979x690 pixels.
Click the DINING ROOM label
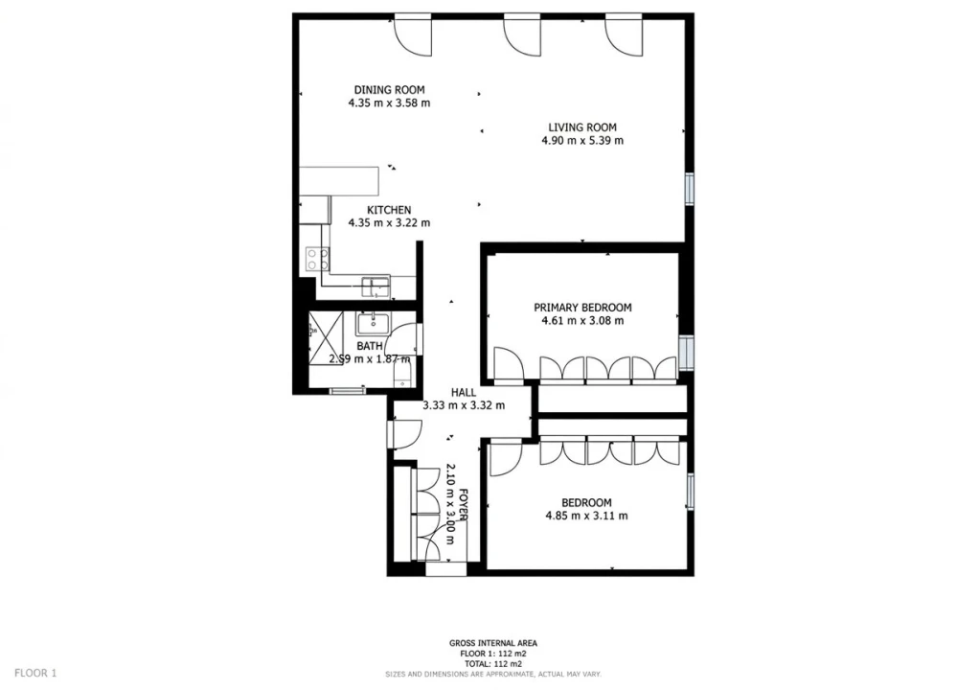[x=389, y=90]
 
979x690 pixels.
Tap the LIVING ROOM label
[x=581, y=127]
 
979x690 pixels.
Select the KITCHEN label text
[x=389, y=210]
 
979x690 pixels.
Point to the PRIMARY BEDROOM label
[x=582, y=308]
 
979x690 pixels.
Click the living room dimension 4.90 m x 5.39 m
[x=581, y=141]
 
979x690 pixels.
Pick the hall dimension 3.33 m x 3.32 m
[x=464, y=405]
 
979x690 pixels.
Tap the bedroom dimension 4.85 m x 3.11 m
[x=587, y=516]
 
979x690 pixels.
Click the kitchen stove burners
[x=317, y=259]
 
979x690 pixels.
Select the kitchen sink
[x=376, y=287]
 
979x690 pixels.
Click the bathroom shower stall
[x=326, y=337]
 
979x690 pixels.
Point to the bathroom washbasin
[x=372, y=324]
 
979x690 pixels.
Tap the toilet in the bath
[x=402, y=376]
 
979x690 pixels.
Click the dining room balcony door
[x=413, y=34]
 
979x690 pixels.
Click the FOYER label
[x=463, y=504]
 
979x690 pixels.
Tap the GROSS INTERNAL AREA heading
[x=493, y=643]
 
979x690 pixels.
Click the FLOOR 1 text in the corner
[x=35, y=673]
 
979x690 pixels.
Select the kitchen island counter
[x=339, y=181]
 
